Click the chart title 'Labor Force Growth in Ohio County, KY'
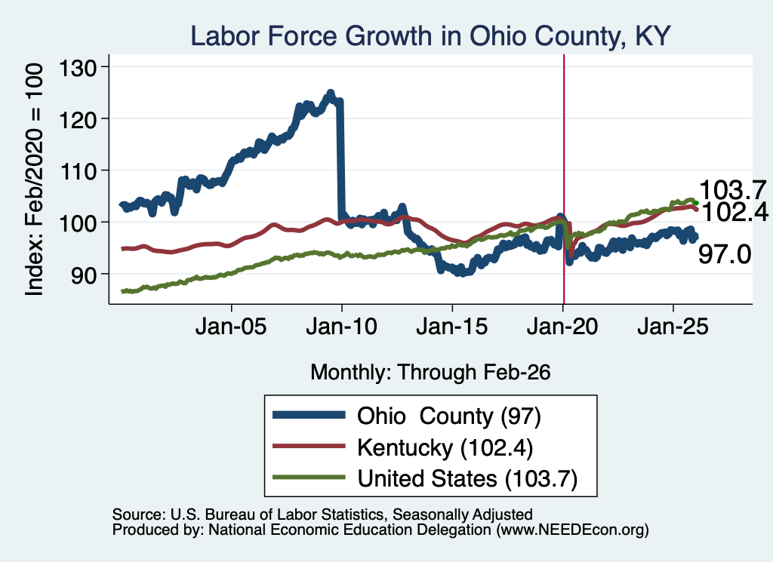pos(430,36)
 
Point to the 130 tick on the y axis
pos(78,67)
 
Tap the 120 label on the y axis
pos(78,119)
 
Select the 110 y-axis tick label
pos(78,171)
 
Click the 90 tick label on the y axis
pos(84,275)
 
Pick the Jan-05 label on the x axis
pos(231,327)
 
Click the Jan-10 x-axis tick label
pos(342,327)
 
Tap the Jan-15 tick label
pos(452,327)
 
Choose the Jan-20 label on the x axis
pos(562,327)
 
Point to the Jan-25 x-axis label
pos(673,327)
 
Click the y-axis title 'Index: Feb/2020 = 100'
pos(34,180)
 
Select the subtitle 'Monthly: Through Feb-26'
pos(430,373)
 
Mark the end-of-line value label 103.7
pos(732,190)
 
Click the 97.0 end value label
pos(725,255)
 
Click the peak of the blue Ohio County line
pos(331,92)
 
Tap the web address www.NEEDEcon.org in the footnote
pos(572,530)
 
